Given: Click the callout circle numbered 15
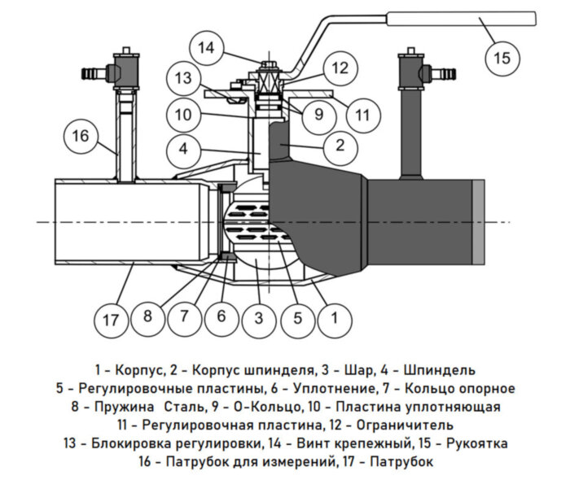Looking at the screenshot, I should [502, 58].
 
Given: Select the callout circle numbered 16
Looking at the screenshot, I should [80, 136].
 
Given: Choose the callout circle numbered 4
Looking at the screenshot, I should [186, 150].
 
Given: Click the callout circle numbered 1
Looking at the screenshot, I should [332, 319].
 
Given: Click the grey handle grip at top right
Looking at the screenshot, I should [460, 18].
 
